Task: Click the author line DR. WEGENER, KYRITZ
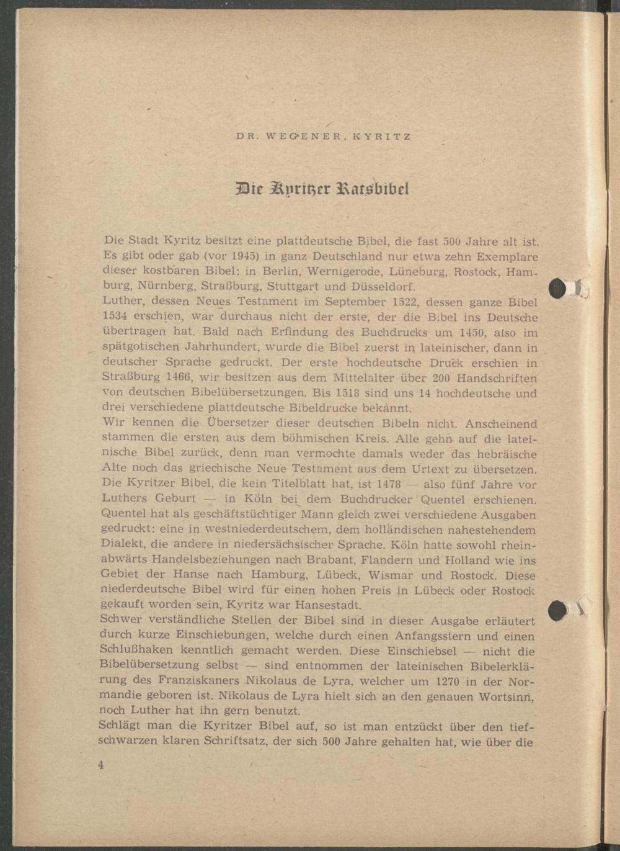[x=323, y=137]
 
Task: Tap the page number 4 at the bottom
[x=100, y=765]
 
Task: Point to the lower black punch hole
[x=558, y=610]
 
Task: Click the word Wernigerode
[x=340, y=272]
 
